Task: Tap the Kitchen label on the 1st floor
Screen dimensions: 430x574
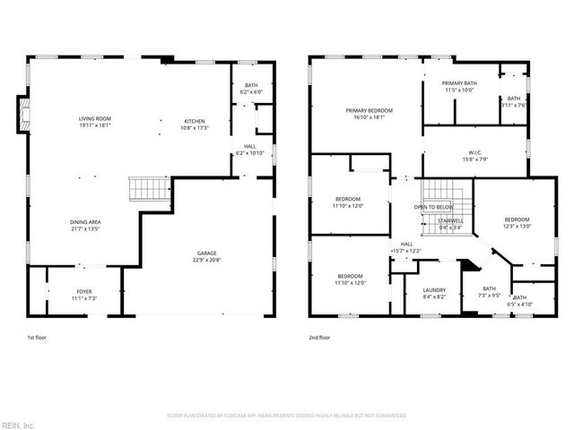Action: pos(195,121)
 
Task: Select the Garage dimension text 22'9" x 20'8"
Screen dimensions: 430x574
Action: pos(205,261)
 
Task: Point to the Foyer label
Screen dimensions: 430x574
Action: pos(83,292)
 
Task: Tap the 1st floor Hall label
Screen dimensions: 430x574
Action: pos(250,146)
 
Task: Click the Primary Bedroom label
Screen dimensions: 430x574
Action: pos(369,110)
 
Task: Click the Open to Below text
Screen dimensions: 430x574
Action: pos(432,207)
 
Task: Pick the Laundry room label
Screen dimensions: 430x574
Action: pos(434,290)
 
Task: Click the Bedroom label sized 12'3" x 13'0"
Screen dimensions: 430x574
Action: pos(517,220)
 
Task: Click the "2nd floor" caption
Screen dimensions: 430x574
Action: pos(319,338)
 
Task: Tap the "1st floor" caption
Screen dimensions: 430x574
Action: pos(37,338)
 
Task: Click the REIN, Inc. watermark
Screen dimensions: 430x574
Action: pos(18,425)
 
